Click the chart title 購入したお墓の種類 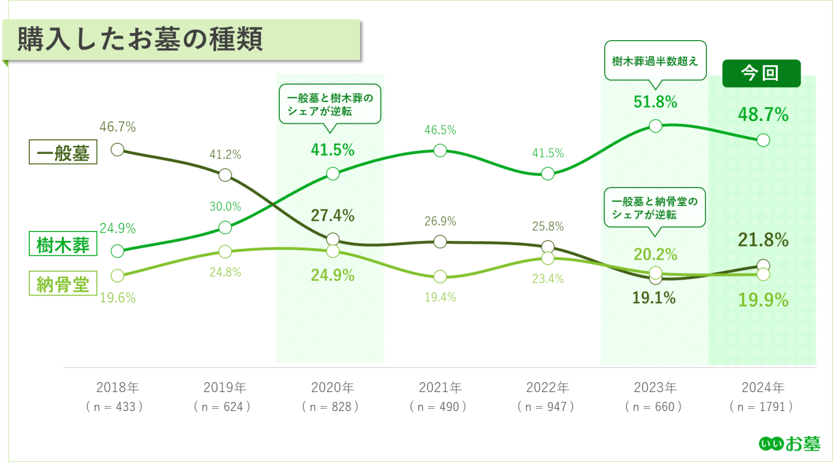tap(140, 40)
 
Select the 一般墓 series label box tap(63, 152)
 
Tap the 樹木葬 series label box tap(63, 245)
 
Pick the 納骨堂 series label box tap(63, 284)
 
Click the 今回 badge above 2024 tap(761, 73)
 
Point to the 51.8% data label tap(655, 102)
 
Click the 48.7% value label tap(762, 114)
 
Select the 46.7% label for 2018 tap(117, 127)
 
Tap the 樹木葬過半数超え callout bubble tap(655, 61)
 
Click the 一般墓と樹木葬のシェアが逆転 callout tap(330, 104)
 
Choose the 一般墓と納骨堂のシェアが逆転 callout tap(655, 208)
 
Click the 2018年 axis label tap(117, 387)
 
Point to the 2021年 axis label tap(440, 387)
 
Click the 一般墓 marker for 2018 tap(117, 150)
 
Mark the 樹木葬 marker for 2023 tap(655, 126)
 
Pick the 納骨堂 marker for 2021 tap(440, 277)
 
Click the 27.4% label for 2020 tap(332, 215)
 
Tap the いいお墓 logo tap(789, 444)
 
